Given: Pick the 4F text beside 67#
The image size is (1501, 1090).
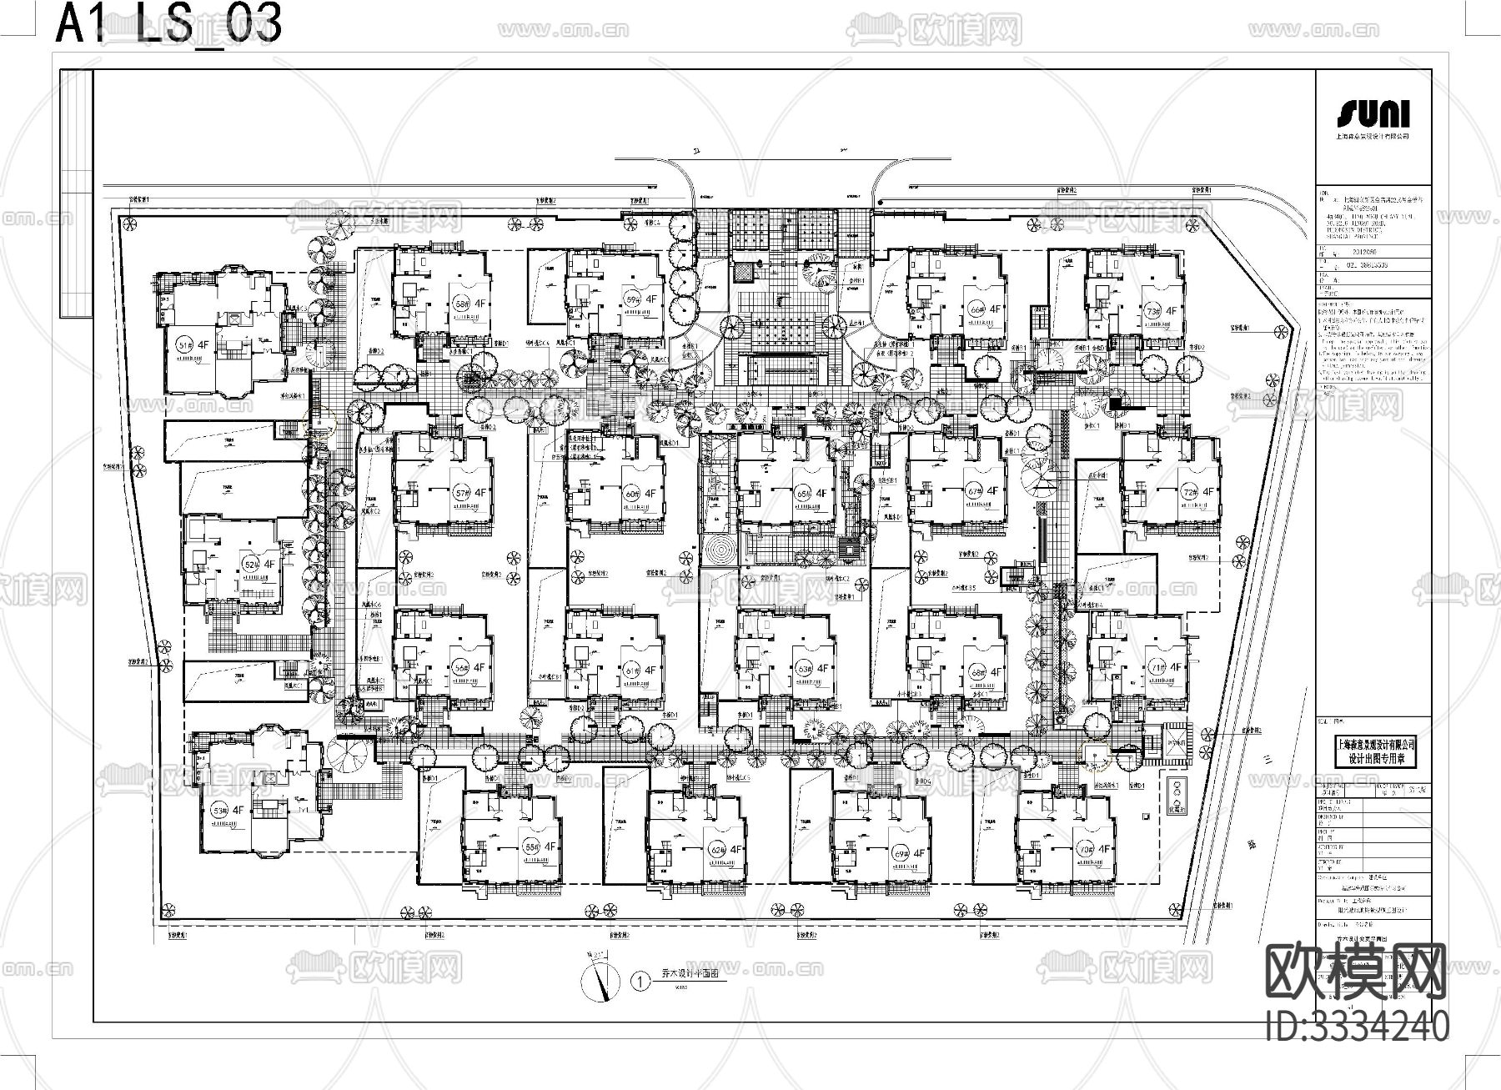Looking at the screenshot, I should (x=992, y=492).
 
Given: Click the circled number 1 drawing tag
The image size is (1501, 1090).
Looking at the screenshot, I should (x=640, y=982).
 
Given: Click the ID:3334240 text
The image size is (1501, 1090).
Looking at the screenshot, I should (x=1358, y=1026).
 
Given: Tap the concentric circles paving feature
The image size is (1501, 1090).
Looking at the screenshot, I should (x=718, y=550).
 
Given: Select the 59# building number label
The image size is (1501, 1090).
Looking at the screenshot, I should (x=633, y=299).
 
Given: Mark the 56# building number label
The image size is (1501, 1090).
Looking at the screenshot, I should (x=460, y=668).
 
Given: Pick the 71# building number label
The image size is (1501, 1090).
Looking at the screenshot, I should (x=1157, y=667).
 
